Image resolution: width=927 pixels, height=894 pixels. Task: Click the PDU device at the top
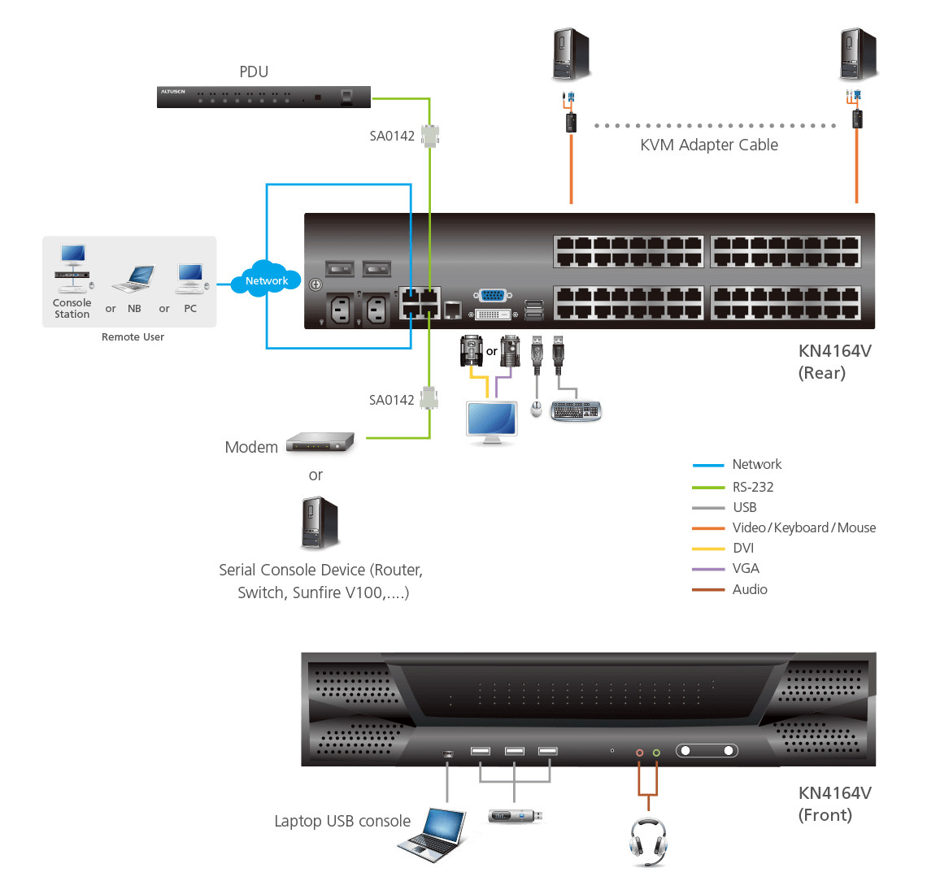(x=263, y=97)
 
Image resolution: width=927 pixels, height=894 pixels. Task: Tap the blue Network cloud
(x=267, y=280)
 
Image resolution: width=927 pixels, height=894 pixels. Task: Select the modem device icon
(x=320, y=442)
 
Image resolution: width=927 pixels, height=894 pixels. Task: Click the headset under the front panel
(x=648, y=841)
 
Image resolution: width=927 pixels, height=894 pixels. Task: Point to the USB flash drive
(x=515, y=815)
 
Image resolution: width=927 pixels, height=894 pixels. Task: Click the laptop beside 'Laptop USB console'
(x=434, y=834)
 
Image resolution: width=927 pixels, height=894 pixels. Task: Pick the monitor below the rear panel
(x=492, y=422)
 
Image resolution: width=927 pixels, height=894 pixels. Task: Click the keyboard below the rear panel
(x=576, y=411)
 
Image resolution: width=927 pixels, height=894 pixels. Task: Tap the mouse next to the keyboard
(x=536, y=409)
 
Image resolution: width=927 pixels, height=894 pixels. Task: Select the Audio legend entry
(x=749, y=589)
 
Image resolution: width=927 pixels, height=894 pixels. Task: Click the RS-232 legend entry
(x=752, y=487)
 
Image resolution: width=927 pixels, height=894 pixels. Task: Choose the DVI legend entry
(x=742, y=548)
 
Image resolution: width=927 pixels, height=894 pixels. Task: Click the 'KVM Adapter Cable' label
(x=708, y=145)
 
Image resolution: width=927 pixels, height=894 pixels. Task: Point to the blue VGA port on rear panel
(x=492, y=296)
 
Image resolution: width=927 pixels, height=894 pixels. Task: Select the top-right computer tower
(x=858, y=54)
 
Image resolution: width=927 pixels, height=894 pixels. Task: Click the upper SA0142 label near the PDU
(x=392, y=136)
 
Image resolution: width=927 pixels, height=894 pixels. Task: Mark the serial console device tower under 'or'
(x=320, y=523)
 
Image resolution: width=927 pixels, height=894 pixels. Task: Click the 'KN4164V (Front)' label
(x=834, y=804)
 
